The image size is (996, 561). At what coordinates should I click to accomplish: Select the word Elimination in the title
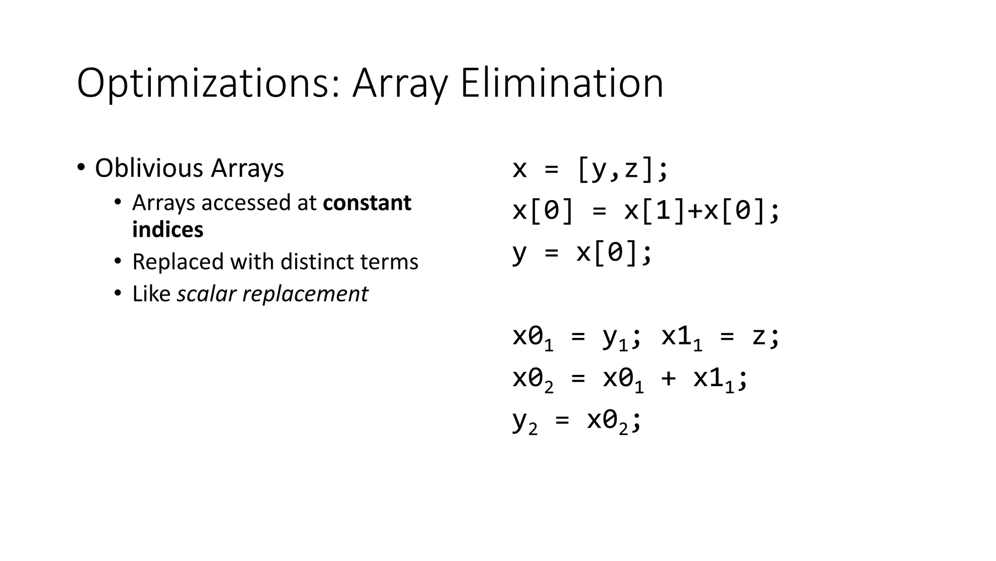point(562,83)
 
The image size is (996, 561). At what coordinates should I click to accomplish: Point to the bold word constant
point(367,203)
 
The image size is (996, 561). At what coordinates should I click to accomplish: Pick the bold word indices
point(168,230)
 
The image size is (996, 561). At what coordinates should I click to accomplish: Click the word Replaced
point(178,262)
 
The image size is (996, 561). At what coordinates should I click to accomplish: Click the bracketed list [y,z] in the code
point(615,169)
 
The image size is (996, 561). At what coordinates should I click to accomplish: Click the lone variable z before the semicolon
point(758,336)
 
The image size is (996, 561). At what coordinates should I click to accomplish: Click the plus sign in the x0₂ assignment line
point(668,379)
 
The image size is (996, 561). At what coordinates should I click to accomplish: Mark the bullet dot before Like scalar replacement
point(117,294)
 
